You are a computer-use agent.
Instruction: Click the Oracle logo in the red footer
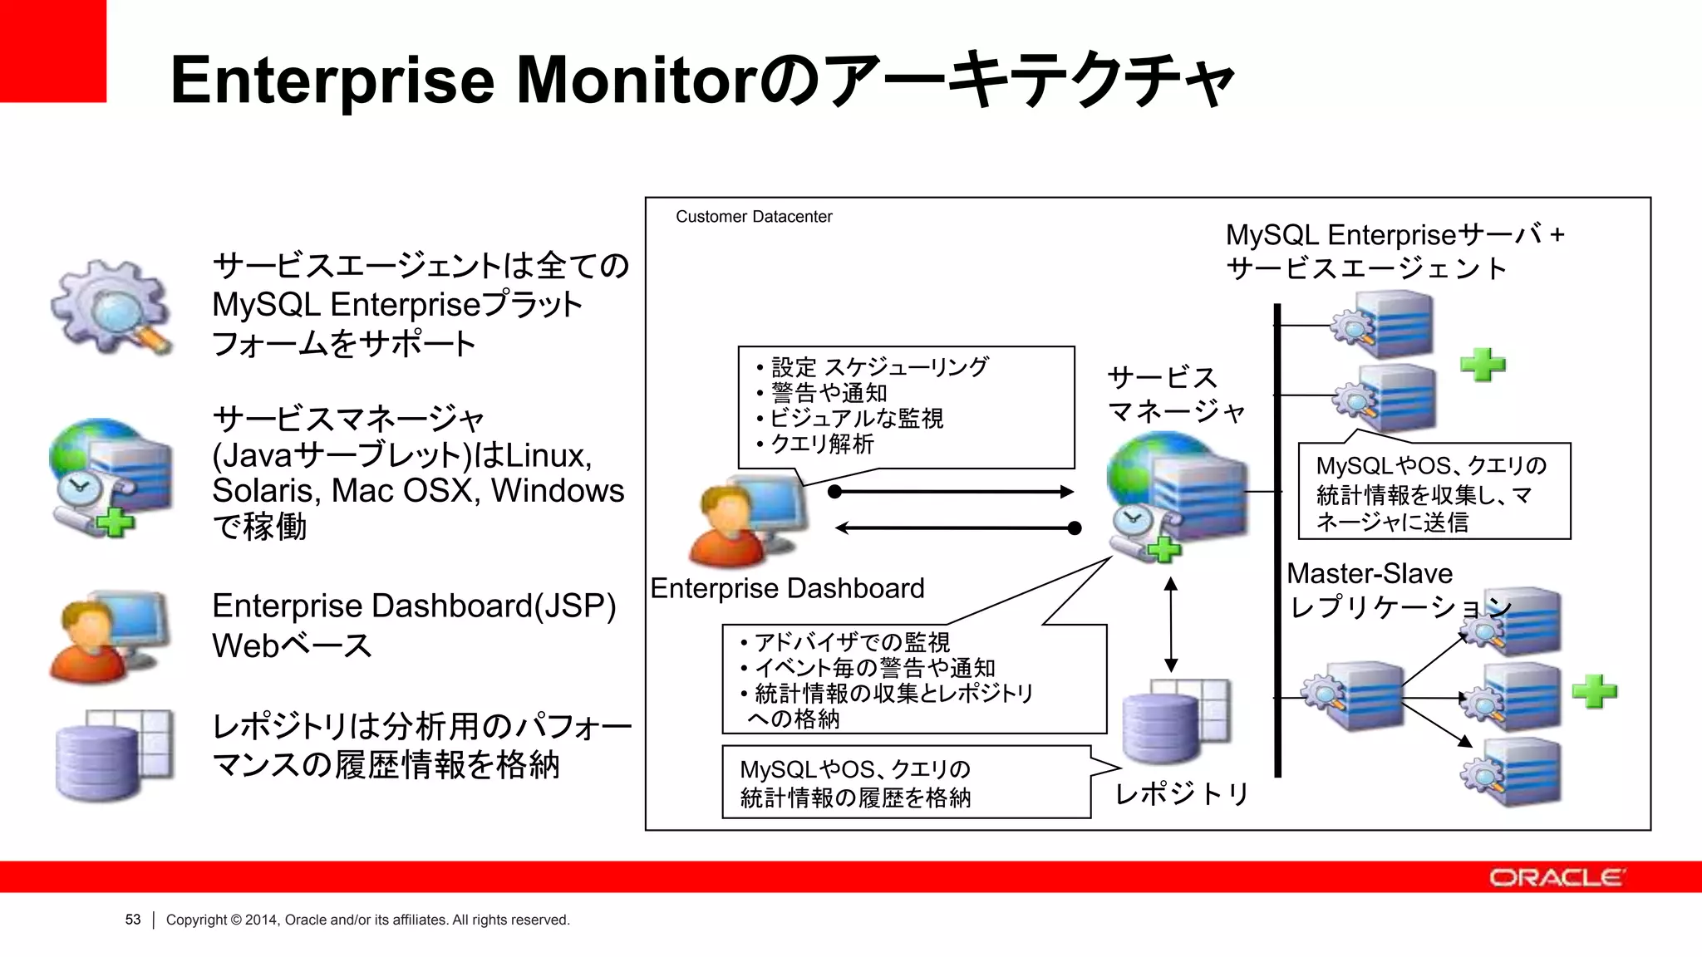[x=1556, y=877]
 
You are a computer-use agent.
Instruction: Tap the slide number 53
[x=133, y=920]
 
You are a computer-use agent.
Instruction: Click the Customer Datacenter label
[x=753, y=217]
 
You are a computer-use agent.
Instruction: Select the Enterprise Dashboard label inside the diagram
[x=786, y=588]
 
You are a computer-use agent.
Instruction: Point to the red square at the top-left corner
[x=52, y=51]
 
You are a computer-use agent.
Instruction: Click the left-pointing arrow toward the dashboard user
[x=956, y=528]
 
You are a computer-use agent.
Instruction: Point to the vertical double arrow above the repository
[x=1170, y=624]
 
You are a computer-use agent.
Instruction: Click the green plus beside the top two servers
[x=1483, y=364]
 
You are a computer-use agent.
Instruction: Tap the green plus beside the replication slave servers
[x=1594, y=691]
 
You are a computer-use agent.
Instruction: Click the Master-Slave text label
[x=1369, y=573]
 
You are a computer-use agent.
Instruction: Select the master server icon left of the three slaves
[x=1355, y=696]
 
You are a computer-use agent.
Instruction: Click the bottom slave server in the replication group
[x=1513, y=773]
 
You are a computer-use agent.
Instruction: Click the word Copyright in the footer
[x=196, y=920]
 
